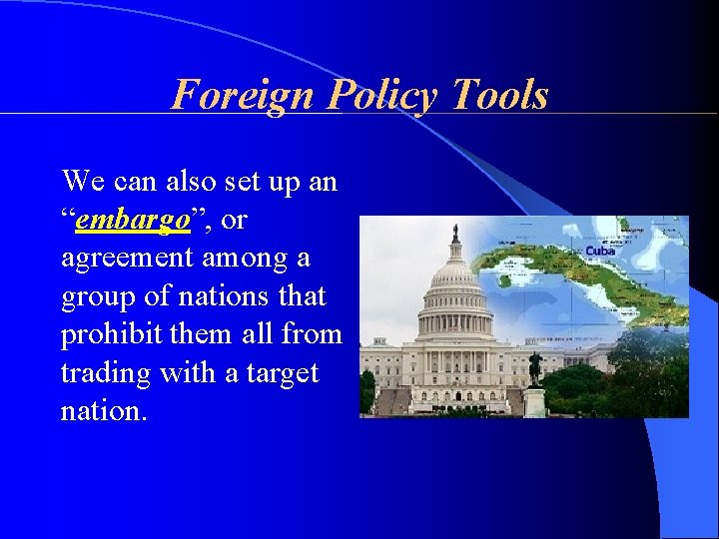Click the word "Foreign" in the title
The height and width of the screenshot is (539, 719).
click(x=230, y=96)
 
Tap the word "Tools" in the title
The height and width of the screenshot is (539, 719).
click(x=500, y=96)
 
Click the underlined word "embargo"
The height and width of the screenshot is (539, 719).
click(x=134, y=221)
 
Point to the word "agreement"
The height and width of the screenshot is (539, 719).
click(x=128, y=259)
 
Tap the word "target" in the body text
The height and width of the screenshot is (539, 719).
click(x=284, y=374)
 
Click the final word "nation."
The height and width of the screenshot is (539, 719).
click(x=104, y=410)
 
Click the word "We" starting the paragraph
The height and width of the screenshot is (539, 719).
click(x=83, y=182)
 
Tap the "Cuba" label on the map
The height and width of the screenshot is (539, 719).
click(x=600, y=251)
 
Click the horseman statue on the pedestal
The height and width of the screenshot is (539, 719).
click(x=535, y=367)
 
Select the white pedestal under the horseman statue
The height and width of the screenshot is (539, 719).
click(x=535, y=401)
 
